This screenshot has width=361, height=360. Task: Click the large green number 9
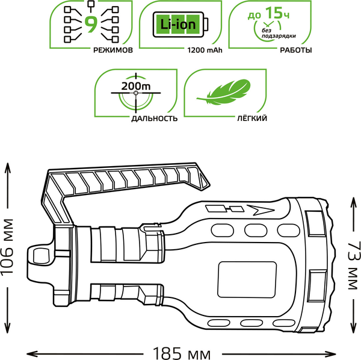91,25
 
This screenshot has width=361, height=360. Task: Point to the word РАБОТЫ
295,51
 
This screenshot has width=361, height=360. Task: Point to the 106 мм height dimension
8,247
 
